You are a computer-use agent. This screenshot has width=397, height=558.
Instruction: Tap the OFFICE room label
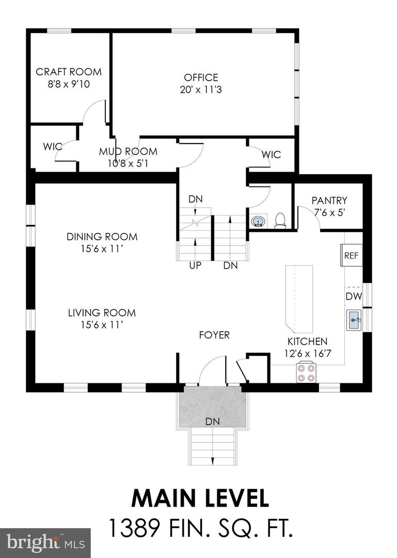click(201, 78)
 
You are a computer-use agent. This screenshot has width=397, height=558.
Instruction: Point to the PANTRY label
click(329, 200)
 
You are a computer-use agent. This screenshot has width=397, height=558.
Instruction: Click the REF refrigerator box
click(351, 255)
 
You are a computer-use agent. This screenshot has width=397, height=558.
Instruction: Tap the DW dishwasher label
click(354, 297)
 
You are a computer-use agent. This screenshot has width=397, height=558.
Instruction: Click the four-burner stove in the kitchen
click(307, 373)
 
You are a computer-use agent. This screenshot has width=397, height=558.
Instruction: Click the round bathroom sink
click(258, 222)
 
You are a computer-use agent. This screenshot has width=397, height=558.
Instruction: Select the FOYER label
click(214, 335)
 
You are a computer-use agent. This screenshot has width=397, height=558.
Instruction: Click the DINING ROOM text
click(102, 237)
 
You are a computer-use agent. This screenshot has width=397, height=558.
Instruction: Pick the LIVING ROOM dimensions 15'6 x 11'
click(102, 325)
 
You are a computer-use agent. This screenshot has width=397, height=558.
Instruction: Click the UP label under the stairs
click(195, 266)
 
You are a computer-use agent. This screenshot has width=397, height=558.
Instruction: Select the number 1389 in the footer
click(135, 529)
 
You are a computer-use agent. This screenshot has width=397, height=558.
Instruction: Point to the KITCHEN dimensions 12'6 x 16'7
click(307, 354)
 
